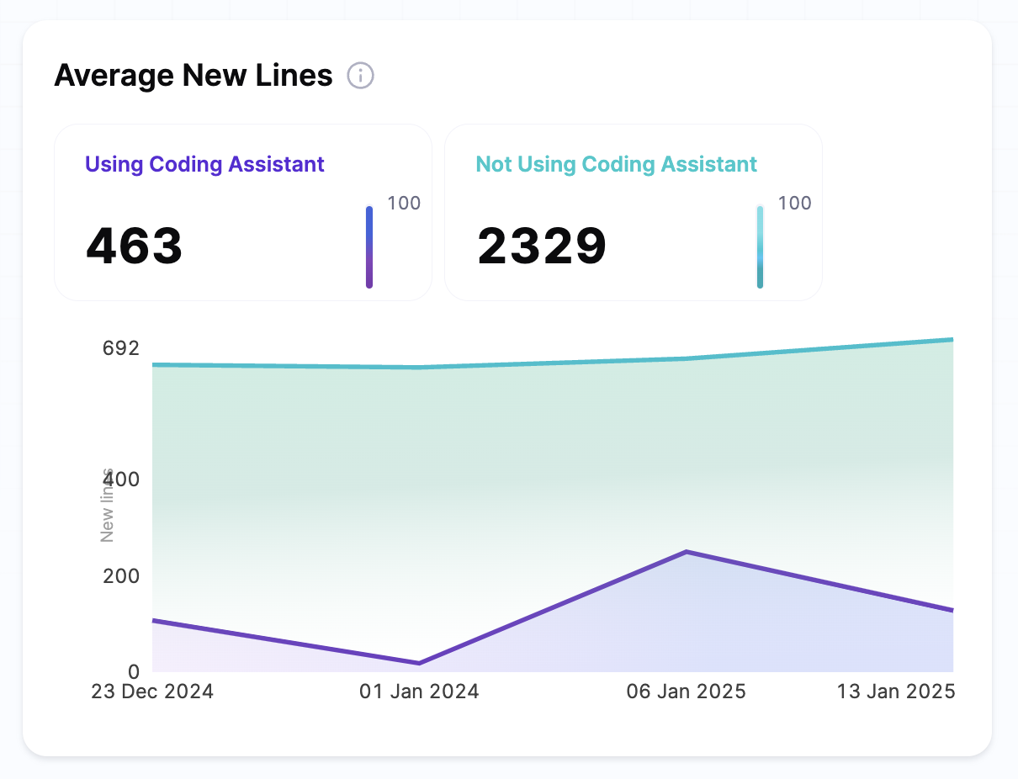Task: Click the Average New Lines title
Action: point(194,76)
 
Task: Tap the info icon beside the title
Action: point(361,76)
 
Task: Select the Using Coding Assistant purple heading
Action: point(204,164)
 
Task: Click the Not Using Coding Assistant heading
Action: point(617,164)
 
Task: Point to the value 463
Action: point(135,246)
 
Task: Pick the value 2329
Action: point(542,246)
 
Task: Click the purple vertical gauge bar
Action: point(369,247)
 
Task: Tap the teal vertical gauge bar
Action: point(760,247)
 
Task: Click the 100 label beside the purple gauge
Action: point(404,203)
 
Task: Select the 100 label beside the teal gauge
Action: point(794,203)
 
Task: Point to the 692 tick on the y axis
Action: point(121,348)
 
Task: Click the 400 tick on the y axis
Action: point(121,480)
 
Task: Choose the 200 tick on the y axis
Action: point(121,576)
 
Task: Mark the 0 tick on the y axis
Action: point(133,671)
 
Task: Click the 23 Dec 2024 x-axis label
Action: point(152,692)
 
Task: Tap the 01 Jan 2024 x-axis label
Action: point(419,692)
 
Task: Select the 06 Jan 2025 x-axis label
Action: point(686,692)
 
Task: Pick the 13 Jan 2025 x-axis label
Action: point(896,692)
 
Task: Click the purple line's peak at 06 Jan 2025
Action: point(687,552)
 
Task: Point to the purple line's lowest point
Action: point(419,663)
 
